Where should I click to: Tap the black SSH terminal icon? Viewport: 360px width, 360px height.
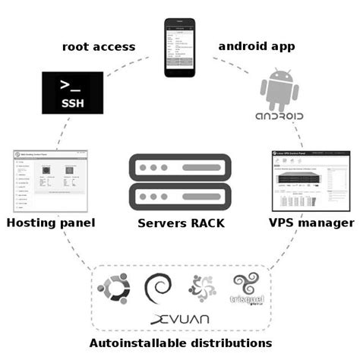[x=72, y=94]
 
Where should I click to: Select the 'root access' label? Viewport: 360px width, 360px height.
[x=99, y=47]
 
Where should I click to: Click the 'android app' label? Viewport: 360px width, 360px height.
[x=257, y=46]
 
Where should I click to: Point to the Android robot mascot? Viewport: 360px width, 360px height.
[x=276, y=88]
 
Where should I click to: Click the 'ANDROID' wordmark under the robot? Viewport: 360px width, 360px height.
[x=276, y=118]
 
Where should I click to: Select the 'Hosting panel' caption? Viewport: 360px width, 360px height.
[x=50, y=223]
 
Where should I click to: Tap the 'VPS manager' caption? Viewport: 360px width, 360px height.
[x=311, y=223]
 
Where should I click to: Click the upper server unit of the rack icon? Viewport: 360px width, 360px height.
[x=179, y=167]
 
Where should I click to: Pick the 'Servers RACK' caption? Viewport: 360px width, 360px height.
[x=179, y=224]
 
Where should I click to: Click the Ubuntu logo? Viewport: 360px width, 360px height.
[x=112, y=288]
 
